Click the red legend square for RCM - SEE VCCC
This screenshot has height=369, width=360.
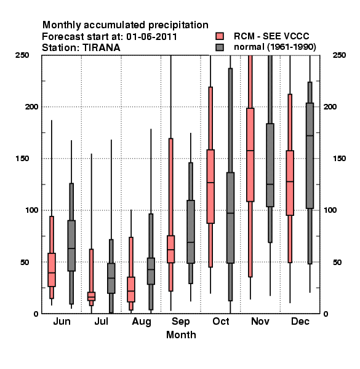pos(220,36)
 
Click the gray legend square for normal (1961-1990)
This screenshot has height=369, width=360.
pos(220,47)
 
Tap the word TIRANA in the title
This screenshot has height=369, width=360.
pos(102,48)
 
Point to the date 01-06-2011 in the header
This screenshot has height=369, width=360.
pos(151,37)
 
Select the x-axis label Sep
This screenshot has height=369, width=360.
pos(180,322)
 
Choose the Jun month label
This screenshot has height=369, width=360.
pos(62,322)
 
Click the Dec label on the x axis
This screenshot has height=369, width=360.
pos(300,322)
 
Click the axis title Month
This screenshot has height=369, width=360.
pos(181,335)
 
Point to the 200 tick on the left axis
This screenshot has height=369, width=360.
pos(31,107)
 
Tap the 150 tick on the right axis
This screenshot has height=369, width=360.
pos(339,159)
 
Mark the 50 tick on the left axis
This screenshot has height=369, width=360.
pos(25,262)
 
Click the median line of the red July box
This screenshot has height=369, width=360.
pos(91,297)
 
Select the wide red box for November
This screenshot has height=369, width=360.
pos(250,155)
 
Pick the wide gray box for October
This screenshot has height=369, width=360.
pos(230,218)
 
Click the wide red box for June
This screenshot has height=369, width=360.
pos(52,270)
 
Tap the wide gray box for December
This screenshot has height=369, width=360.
pos(310,156)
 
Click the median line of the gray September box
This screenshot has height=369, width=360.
pos(191,242)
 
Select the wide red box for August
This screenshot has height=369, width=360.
pos(131,290)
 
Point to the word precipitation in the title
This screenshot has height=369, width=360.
pos(178,25)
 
